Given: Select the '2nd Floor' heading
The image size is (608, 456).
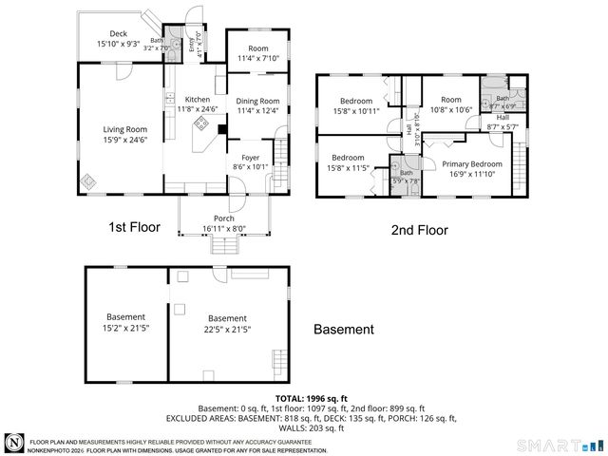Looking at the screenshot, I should [419, 230].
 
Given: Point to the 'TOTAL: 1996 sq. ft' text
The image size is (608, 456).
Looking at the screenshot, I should [311, 398].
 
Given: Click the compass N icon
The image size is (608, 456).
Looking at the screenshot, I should [14, 443].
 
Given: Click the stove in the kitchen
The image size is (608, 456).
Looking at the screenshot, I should [201, 123].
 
